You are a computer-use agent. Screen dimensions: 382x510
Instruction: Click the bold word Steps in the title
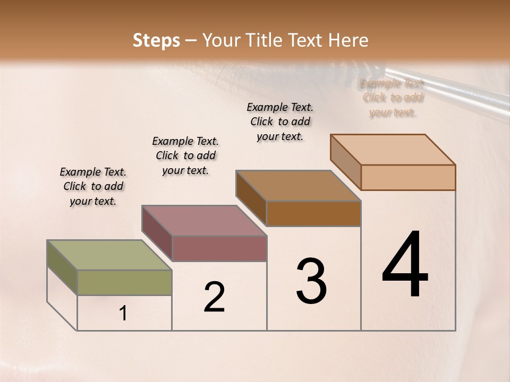point(156,40)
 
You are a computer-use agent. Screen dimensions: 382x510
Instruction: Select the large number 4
point(405,265)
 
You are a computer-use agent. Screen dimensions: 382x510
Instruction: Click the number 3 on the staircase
point(311,281)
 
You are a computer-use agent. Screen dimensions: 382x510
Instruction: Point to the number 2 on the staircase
point(214,297)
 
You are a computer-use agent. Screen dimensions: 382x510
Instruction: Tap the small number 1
point(123,314)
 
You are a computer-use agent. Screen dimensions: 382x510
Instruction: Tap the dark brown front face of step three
point(313,213)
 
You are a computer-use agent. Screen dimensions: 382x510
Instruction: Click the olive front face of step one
point(124,282)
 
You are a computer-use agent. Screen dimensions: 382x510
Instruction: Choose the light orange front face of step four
point(408,177)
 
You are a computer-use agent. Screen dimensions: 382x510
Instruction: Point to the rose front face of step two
point(219,248)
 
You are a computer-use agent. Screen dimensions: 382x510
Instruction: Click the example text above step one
point(93,186)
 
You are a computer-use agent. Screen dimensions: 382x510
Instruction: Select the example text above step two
point(185,155)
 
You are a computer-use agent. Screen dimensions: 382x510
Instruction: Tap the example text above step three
point(280,121)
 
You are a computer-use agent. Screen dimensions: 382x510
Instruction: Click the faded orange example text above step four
point(393,98)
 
